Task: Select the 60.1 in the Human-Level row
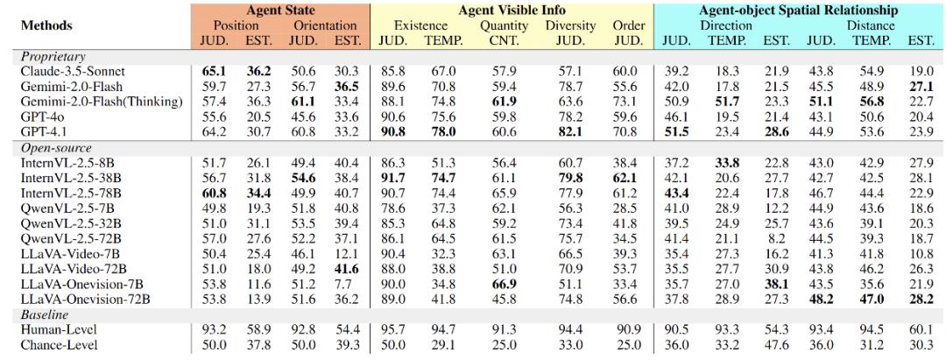coord(919,329)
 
